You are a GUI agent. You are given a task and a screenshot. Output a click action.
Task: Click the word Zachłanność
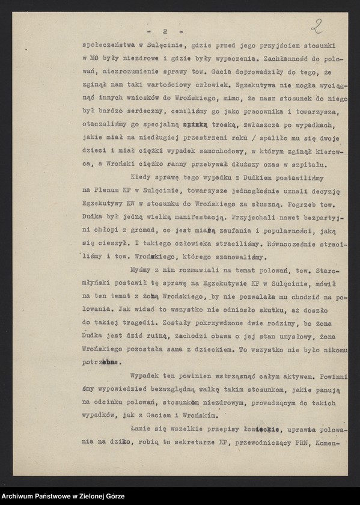[x=285, y=59]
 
